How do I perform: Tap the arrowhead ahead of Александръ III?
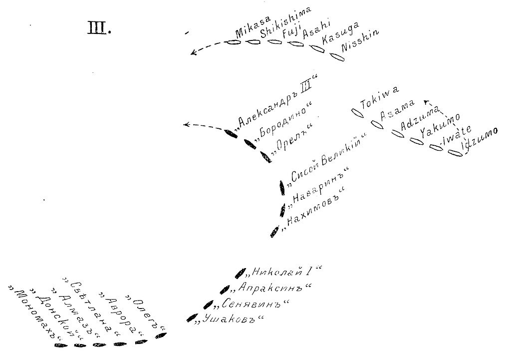point(187,125)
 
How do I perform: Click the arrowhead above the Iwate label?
point(425,102)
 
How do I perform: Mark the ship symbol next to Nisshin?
point(338,57)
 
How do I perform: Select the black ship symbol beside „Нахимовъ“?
point(274,232)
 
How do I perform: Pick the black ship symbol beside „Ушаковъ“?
point(190,318)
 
